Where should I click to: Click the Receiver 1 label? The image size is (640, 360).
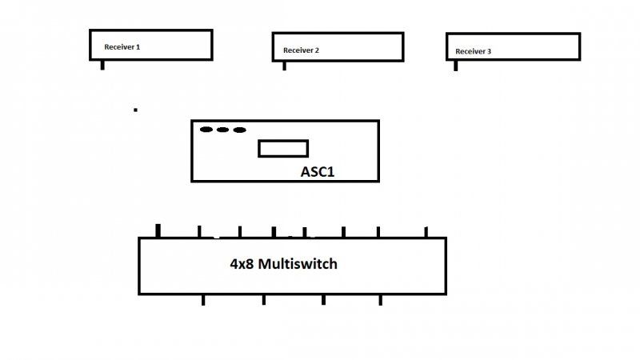[122, 47]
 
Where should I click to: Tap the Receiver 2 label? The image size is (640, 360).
[301, 50]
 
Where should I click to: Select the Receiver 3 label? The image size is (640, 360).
[473, 51]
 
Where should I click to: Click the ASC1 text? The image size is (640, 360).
[318, 172]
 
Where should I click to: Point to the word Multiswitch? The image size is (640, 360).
[298, 264]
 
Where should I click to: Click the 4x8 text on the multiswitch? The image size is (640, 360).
[242, 264]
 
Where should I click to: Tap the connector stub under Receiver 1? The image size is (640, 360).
[102, 65]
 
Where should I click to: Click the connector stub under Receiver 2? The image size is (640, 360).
[285, 66]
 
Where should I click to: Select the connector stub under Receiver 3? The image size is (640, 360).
[455, 66]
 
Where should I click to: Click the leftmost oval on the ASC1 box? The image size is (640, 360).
[206, 130]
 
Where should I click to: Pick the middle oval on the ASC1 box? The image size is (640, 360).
[222, 130]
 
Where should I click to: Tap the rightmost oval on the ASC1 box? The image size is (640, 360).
[239, 130]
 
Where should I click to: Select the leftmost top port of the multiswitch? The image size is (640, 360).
[158, 230]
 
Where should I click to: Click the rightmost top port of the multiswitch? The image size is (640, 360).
[426, 232]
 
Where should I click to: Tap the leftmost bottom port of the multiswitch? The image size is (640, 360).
[203, 300]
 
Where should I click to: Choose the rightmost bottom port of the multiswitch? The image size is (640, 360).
[381, 300]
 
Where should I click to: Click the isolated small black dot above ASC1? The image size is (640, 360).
[135, 110]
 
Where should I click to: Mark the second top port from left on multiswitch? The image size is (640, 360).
[199, 232]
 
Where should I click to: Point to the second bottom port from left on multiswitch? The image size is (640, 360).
[264, 299]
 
